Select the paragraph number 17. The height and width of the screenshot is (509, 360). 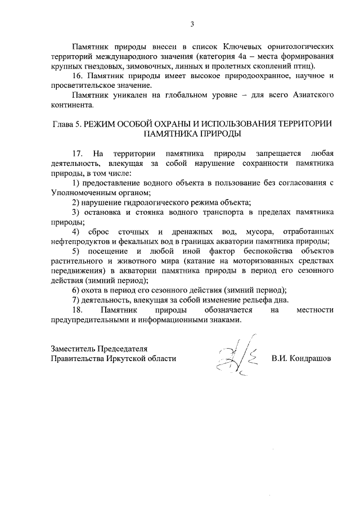coord(78,154)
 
